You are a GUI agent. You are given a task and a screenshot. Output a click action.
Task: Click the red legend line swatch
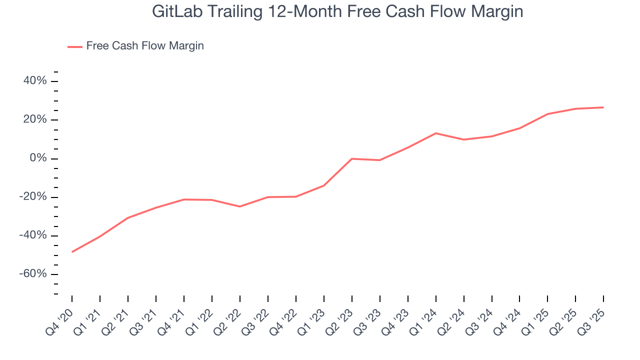[x=75, y=46]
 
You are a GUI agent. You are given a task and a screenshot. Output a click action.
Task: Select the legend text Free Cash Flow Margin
[x=145, y=46]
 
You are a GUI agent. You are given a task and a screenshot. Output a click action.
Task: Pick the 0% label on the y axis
[x=38, y=158]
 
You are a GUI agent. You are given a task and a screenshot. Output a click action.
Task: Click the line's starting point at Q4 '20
[x=72, y=252]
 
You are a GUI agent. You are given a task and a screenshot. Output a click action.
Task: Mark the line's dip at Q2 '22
[x=240, y=206]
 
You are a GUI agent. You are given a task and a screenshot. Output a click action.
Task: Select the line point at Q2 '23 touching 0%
[x=352, y=158]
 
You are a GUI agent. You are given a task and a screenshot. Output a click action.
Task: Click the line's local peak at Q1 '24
[x=436, y=133]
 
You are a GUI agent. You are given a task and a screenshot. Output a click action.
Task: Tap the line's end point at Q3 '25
[x=603, y=107]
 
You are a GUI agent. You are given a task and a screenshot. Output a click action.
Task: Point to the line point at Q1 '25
[x=548, y=114]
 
